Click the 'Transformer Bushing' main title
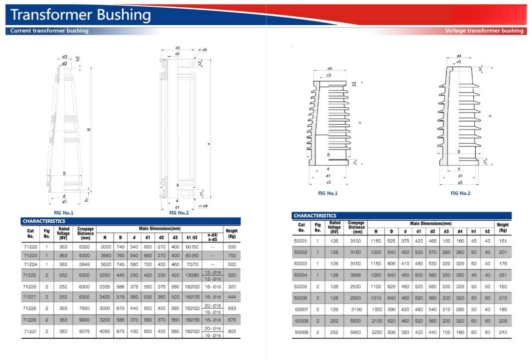[x=81, y=15]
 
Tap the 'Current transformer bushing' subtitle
[x=49, y=31]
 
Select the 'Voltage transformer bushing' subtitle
[x=484, y=31]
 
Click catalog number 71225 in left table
[x=30, y=275]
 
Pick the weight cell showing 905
[x=232, y=331]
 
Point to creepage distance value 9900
[x=84, y=320]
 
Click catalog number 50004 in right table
[x=300, y=275]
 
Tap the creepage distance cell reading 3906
[x=356, y=275]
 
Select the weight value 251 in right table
[x=503, y=275]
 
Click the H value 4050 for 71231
[x=105, y=331]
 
